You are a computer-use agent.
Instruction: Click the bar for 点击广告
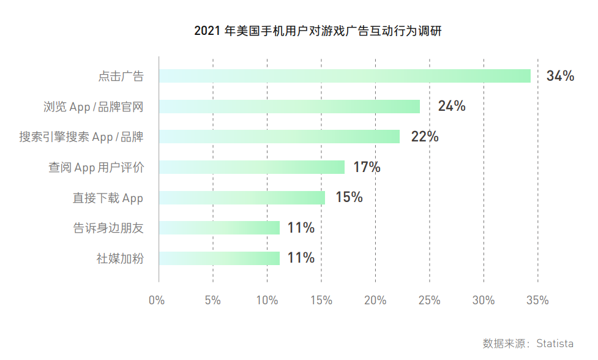click(345, 76)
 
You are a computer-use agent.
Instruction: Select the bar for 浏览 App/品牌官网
click(289, 107)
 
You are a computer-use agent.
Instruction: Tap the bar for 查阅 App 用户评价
click(252, 167)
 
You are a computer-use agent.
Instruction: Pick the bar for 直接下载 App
click(242, 198)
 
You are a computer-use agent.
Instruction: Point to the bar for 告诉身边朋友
click(219, 228)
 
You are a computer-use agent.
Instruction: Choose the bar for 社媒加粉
click(219, 258)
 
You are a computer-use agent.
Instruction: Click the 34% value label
click(560, 76)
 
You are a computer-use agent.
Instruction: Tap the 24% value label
click(452, 107)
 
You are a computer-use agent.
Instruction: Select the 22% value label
click(425, 137)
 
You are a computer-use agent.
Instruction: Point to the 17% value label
click(367, 167)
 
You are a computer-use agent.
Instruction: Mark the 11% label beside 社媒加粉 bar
click(301, 258)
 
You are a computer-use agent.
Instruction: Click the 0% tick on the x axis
click(157, 301)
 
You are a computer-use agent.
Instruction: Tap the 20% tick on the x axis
click(375, 301)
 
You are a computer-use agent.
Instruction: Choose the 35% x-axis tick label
click(537, 301)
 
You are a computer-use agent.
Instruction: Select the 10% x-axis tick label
click(266, 301)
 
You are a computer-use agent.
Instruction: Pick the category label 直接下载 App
click(108, 198)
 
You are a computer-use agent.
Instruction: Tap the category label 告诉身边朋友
click(108, 228)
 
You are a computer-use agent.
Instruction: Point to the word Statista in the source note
click(555, 343)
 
